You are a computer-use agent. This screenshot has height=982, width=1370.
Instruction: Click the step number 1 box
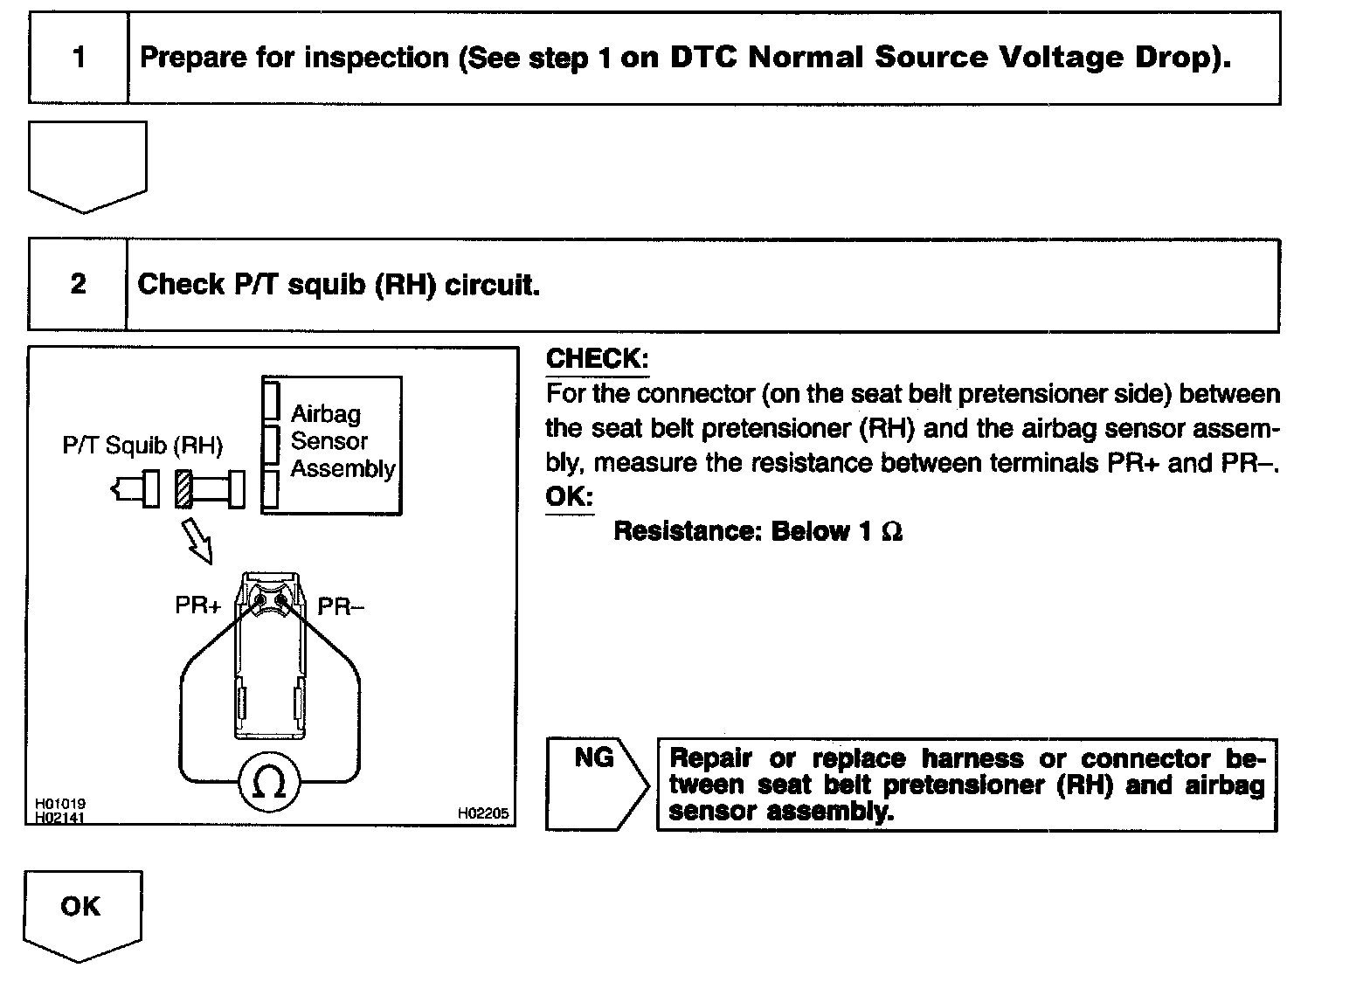click(79, 59)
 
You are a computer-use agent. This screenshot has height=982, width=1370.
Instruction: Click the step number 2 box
click(78, 284)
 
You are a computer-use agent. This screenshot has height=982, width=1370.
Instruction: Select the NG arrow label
click(594, 758)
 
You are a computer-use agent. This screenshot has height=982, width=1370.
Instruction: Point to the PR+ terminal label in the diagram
click(198, 605)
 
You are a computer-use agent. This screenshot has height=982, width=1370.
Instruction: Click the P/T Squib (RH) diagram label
click(142, 446)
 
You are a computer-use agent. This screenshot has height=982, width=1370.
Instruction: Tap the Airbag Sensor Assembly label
click(342, 441)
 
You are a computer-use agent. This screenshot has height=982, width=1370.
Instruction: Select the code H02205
click(482, 813)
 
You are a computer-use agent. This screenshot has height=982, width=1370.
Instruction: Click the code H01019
click(59, 804)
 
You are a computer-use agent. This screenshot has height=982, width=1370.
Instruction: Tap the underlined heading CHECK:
click(598, 358)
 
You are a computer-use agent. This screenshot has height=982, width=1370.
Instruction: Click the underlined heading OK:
click(570, 497)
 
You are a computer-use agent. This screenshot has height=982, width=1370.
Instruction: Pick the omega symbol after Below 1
click(891, 532)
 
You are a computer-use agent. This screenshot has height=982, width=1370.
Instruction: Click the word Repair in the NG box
click(710, 758)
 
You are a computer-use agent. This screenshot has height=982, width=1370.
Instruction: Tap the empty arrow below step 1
click(87, 166)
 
